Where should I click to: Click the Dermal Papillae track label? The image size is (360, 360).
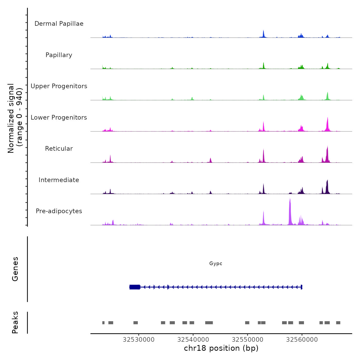59,24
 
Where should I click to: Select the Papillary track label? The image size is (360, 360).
59,55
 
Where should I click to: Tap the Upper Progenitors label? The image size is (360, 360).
59,86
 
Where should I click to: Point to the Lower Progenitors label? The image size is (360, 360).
59,118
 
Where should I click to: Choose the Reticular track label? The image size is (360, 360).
59,149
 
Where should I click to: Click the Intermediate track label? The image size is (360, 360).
59,180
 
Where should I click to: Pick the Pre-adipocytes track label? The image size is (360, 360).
59,211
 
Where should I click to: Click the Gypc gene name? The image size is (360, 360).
216,264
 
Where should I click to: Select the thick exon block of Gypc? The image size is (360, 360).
135,287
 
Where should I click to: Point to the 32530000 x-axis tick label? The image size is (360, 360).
139,340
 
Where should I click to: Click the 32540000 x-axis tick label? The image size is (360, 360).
193,340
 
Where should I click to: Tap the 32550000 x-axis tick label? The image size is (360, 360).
248,340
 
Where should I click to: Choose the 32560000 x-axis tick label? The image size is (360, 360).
302,340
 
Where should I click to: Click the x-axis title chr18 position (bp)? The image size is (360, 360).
221,348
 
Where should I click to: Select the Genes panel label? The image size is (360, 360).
15,269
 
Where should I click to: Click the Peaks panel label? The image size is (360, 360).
15,322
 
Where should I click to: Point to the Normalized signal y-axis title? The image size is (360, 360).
15,118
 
